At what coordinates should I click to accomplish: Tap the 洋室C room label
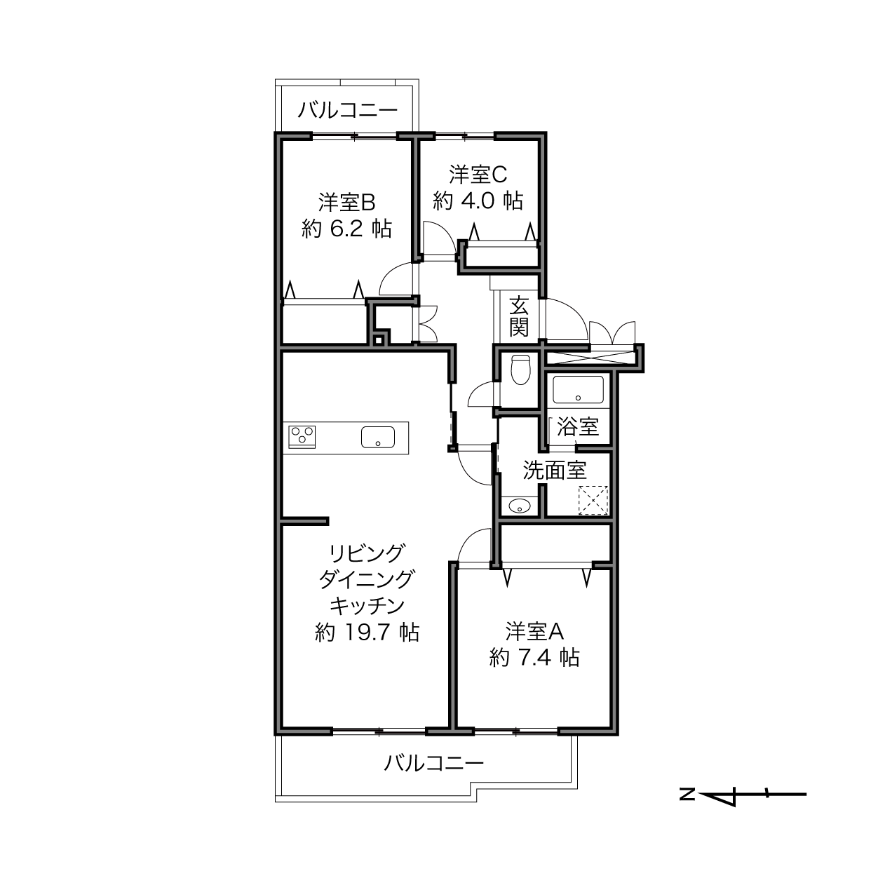[x=478, y=174]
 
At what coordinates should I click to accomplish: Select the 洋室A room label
[x=534, y=632]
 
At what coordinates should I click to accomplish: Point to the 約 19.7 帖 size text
[x=367, y=633]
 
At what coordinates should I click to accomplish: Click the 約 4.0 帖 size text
[x=478, y=201]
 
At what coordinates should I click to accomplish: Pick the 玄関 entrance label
[x=518, y=316]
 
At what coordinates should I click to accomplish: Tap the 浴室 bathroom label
[x=578, y=427]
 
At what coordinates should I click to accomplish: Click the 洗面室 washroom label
[x=555, y=470]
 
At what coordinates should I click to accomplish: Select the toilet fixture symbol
[x=520, y=370]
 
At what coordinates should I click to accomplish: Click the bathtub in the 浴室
[x=578, y=389]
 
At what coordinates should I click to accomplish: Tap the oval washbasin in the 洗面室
[x=519, y=506]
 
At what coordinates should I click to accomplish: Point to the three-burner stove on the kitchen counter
[x=302, y=437]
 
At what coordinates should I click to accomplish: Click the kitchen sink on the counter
[x=378, y=438]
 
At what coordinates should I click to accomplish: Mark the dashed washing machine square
[x=593, y=500]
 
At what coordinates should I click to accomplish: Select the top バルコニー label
[x=348, y=110]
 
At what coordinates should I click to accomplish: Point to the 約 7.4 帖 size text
[x=534, y=658]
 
